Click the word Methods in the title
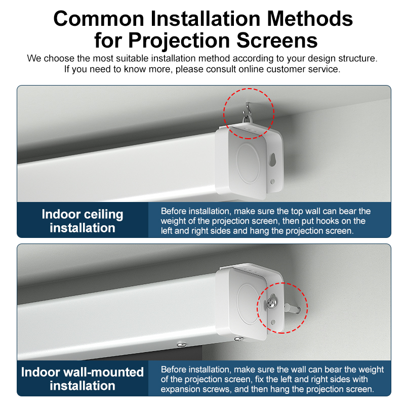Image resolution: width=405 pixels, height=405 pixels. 310,19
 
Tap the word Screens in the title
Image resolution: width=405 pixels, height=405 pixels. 277,40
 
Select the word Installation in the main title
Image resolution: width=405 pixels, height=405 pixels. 206,19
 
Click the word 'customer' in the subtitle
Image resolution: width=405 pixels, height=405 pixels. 289,69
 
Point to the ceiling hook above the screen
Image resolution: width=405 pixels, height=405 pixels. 246,113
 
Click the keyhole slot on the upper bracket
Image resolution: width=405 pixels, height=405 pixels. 272,159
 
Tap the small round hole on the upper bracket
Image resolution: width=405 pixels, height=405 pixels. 272,182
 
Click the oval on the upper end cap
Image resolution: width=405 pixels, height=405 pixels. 248,163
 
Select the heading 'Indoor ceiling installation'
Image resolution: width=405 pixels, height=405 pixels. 83,221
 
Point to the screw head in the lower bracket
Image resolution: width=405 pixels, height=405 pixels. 271,303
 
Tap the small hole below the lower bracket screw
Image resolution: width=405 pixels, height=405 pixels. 273,322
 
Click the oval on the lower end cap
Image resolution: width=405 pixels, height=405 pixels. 248,304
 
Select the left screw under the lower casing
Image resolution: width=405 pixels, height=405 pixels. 182,344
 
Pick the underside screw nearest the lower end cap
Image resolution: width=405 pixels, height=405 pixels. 238,338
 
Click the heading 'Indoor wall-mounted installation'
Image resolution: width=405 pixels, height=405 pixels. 83,379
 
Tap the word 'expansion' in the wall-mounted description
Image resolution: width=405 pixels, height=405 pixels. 181,389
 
